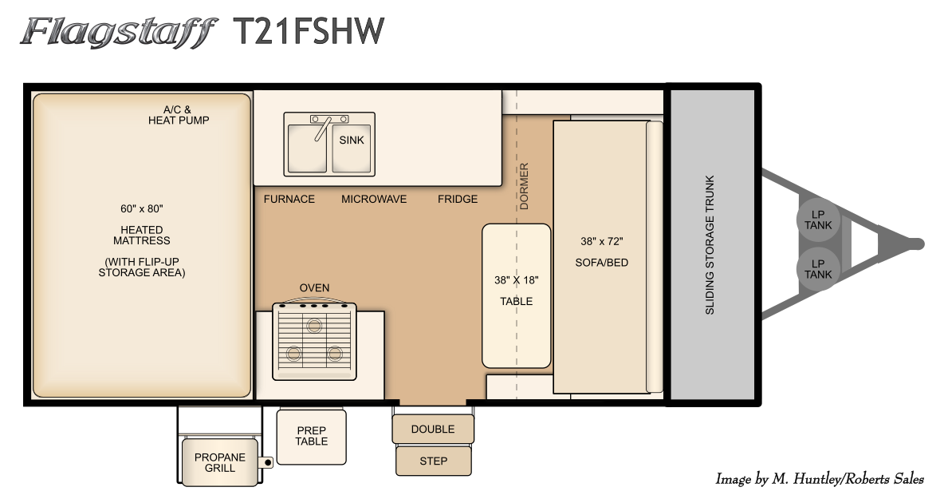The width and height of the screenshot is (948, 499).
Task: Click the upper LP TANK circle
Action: [x=818, y=220]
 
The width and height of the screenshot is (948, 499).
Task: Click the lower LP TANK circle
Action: [x=818, y=269]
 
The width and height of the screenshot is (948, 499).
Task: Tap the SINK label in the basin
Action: [x=352, y=140]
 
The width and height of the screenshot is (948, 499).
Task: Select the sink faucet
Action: [x=322, y=127]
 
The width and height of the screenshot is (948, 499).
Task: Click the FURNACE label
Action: [x=289, y=199]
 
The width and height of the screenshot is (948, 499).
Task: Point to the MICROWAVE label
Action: [x=374, y=199]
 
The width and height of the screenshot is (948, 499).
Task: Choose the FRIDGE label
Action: [x=458, y=199]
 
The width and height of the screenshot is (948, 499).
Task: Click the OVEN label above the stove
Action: [x=314, y=287]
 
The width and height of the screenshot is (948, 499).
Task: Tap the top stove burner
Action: [x=314, y=326]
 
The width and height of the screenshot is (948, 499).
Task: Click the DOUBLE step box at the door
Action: [x=433, y=429]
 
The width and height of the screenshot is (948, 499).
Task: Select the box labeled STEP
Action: [x=434, y=461]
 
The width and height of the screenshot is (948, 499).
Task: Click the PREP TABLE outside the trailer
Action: [x=312, y=437]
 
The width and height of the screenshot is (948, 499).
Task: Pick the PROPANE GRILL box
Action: [x=219, y=462]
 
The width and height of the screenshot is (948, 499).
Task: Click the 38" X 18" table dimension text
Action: [x=517, y=279]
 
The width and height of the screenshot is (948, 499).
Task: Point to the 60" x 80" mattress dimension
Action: [x=141, y=209]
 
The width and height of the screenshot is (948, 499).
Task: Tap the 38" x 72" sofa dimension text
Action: [x=601, y=241]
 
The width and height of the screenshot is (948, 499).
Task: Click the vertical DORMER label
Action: [x=524, y=186]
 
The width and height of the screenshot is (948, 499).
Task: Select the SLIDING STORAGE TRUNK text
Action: [x=710, y=244]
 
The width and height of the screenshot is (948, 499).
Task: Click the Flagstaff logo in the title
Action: [x=119, y=32]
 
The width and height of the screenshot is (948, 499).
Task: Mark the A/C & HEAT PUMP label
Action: [x=179, y=115]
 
